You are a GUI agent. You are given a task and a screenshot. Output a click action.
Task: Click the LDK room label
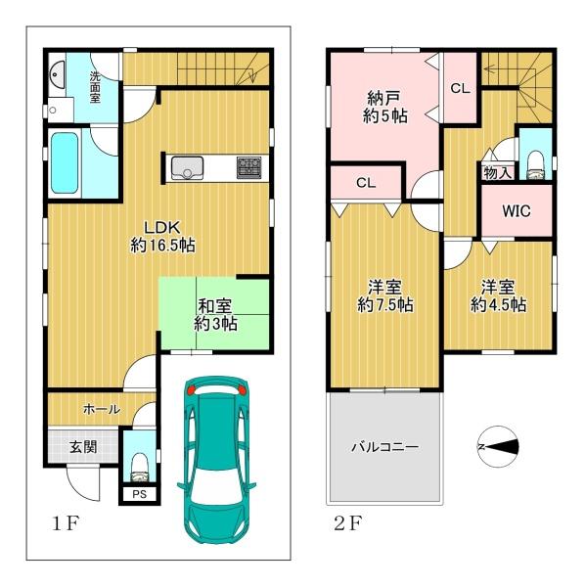coord(162,236)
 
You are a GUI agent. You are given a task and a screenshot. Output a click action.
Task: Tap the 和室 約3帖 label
coord(215,315)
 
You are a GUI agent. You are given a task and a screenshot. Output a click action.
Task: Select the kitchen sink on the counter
coord(187,168)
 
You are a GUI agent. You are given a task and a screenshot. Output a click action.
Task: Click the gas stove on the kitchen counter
coord(248,167)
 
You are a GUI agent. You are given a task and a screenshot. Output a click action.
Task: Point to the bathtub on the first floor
coord(65,163)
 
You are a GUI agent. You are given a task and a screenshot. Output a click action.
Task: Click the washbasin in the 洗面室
coord(57,74)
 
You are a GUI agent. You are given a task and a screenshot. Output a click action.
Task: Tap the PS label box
coord(140,494)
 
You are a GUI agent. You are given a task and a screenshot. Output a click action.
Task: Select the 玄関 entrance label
coord(83,447)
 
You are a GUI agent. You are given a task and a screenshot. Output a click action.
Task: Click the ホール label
coord(102,409)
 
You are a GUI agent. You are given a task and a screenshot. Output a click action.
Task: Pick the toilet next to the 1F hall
coord(140,468)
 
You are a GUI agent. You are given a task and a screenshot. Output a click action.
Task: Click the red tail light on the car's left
coord(191,389)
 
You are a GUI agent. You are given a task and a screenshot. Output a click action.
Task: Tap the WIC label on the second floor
coord(517,210)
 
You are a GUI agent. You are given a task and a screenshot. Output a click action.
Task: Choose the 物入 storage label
coord(497,173)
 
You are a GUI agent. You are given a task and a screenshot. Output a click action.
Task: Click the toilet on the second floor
coord(536,165)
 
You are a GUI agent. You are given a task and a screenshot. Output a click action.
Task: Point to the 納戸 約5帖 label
coord(384,107)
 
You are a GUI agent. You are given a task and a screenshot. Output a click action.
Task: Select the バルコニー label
coord(384,447)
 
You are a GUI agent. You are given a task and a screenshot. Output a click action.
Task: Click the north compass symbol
coord(499,447)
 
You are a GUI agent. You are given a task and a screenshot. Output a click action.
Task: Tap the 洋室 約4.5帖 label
coord(498,295)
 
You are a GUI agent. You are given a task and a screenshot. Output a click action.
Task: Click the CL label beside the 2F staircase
coord(460,88)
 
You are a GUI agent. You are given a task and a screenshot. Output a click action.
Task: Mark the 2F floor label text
coord(347,522)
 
